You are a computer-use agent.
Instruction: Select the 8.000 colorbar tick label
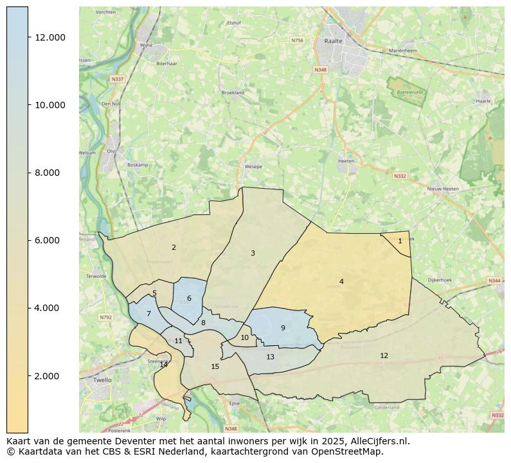[49, 173]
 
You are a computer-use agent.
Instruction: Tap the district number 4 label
[341, 281]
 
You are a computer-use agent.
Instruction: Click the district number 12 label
[384, 355]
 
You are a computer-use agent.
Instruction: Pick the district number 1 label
[400, 241]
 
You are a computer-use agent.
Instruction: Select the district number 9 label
[283, 328]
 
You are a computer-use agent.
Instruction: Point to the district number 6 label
[189, 298]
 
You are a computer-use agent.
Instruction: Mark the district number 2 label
[174, 247]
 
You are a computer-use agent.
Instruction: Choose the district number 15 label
[215, 366]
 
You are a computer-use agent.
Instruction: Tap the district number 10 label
[244, 337]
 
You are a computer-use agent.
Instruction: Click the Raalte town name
[334, 40]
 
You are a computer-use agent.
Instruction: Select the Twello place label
[102, 380]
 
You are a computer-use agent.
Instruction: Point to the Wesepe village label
[253, 166]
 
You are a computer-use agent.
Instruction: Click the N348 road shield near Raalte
[320, 70]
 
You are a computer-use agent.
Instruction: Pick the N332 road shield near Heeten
[400, 175]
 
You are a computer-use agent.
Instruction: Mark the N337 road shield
[117, 79]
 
